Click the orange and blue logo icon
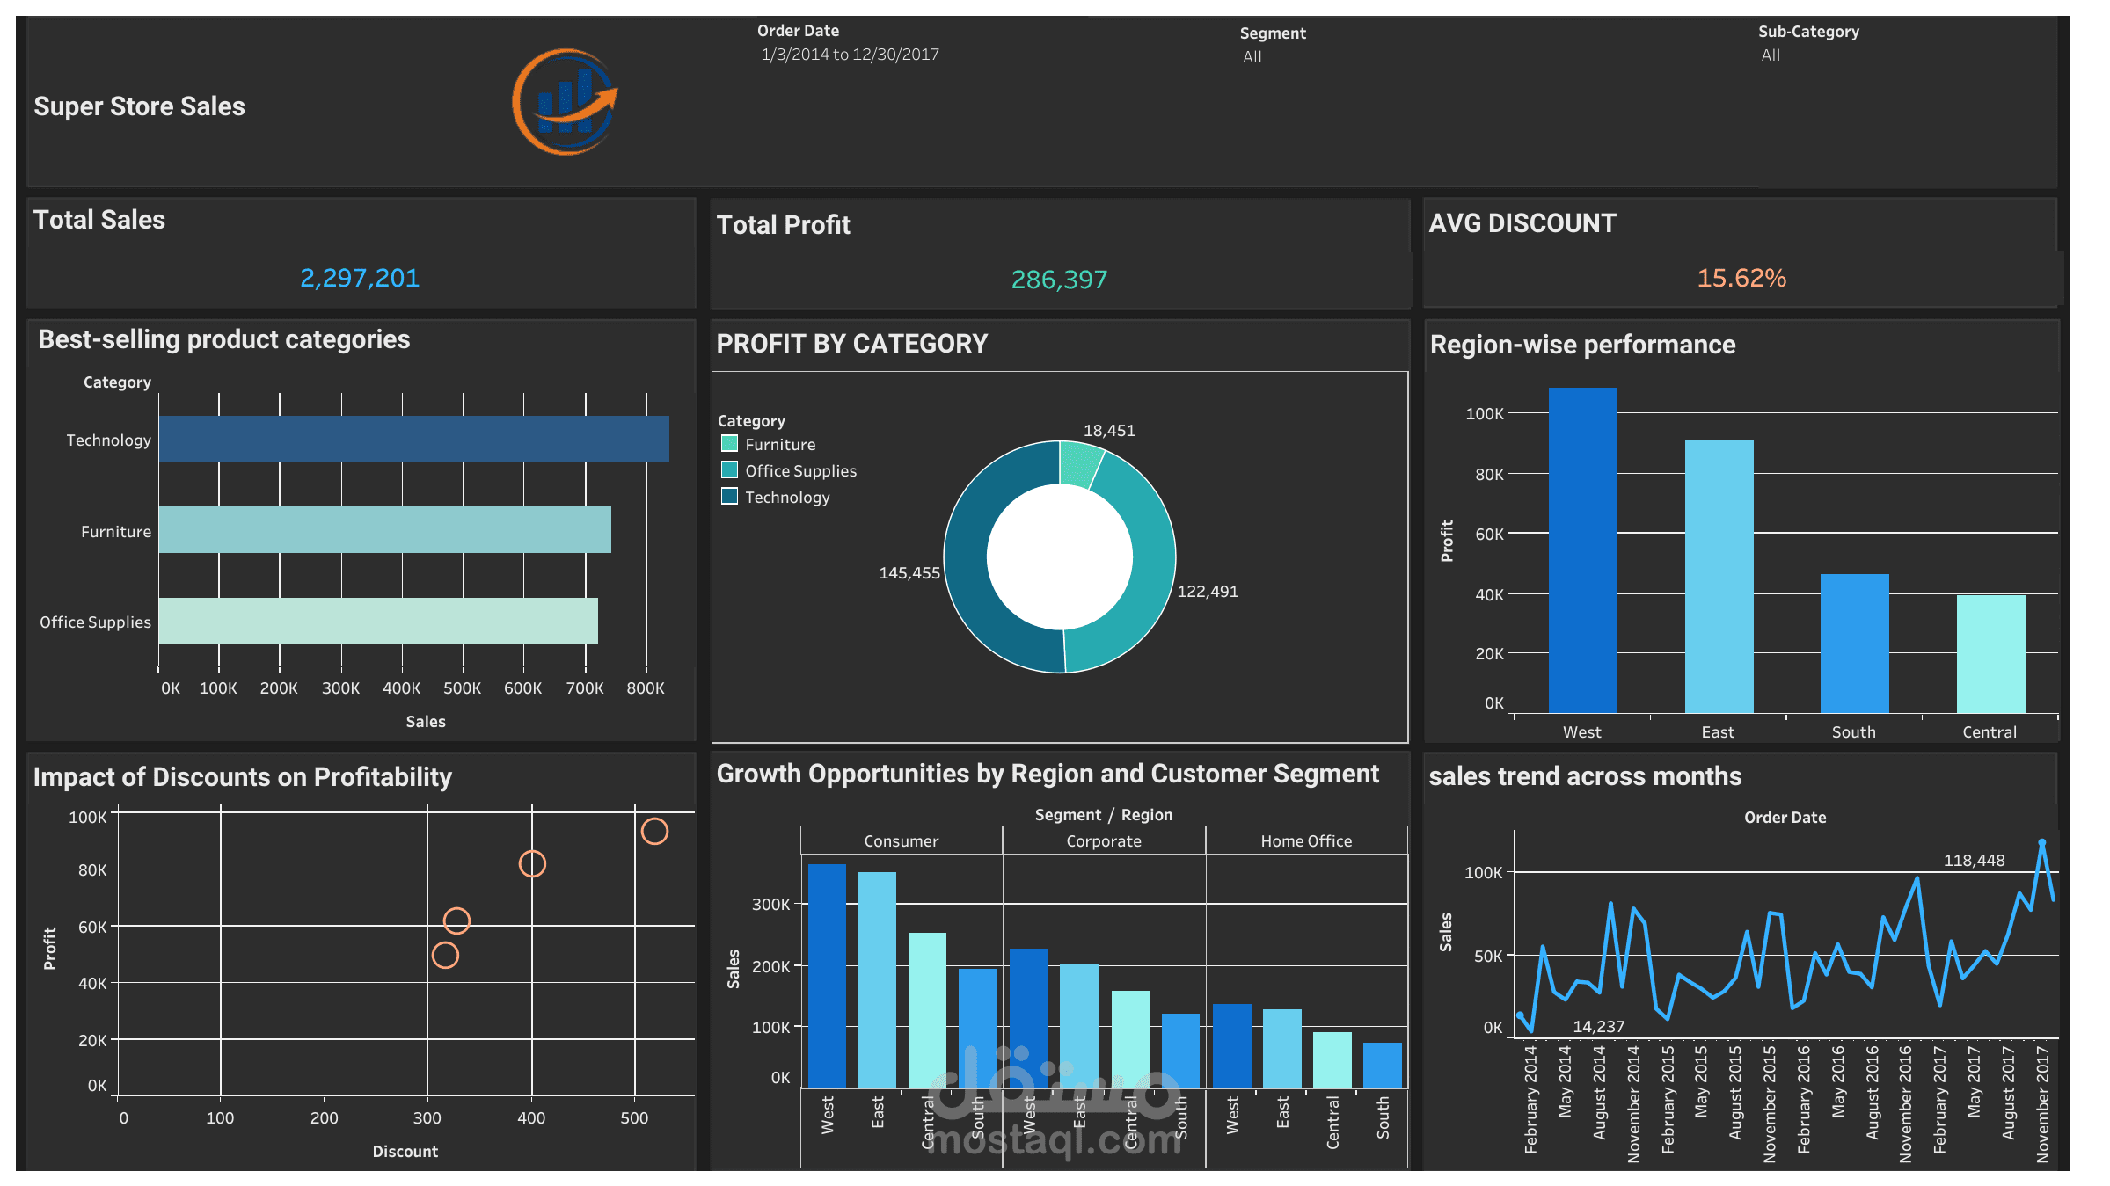coord(565,103)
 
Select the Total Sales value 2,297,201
coord(360,278)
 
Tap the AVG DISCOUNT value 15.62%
coord(1741,278)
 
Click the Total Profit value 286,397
coord(1059,280)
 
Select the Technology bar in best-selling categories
coord(413,439)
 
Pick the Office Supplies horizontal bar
coord(378,621)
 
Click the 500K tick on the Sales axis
coord(462,688)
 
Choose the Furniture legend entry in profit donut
coord(779,445)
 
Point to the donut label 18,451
coord(1108,431)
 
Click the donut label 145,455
coord(909,573)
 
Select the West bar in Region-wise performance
coord(1582,549)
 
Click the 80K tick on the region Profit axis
coord(1489,475)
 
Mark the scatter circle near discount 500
coord(654,831)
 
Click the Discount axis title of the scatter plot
coord(405,1151)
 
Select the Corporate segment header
coord(1103,841)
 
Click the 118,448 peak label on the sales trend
coord(1974,861)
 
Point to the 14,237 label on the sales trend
coord(1598,1026)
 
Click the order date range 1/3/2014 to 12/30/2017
coord(850,55)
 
